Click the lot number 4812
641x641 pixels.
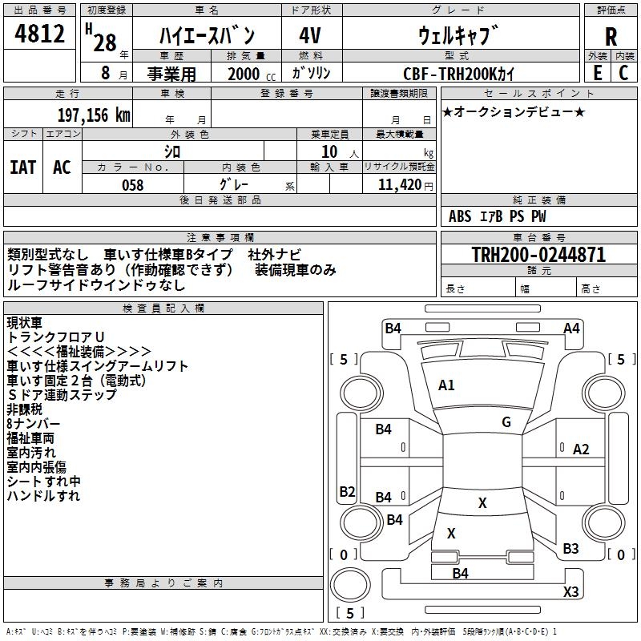39,34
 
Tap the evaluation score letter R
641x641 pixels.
611,37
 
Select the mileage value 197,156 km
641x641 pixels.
94,115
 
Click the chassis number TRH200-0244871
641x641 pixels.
538,255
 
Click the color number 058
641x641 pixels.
132,185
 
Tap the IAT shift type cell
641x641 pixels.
22,167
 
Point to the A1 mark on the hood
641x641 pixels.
446,385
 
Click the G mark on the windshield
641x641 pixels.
506,422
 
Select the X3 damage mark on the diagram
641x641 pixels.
570,592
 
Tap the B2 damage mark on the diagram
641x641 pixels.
347,491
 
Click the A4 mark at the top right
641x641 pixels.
571,328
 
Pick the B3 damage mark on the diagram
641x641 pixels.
570,549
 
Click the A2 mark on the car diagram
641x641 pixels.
581,450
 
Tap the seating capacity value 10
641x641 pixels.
329,151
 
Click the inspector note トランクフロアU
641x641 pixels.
56,337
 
